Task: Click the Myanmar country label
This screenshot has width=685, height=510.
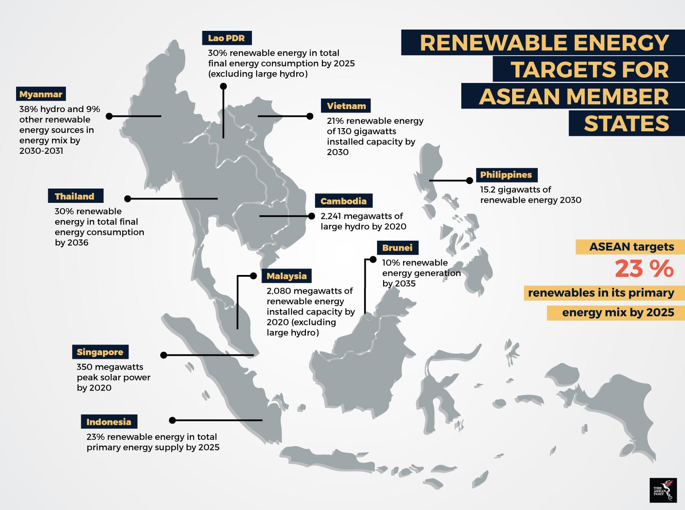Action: click(x=41, y=94)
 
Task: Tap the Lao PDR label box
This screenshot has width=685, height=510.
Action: click(x=227, y=38)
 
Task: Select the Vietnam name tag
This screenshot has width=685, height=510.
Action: click(x=346, y=106)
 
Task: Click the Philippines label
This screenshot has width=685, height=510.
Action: click(x=506, y=175)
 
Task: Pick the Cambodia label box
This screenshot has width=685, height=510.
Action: click(x=344, y=201)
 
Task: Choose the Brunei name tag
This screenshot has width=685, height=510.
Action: click(x=397, y=248)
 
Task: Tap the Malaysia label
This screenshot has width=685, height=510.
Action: click(x=286, y=276)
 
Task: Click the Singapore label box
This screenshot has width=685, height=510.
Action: click(x=100, y=352)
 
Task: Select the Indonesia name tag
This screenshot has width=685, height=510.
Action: click(x=109, y=422)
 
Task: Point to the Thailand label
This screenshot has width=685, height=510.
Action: click(x=75, y=196)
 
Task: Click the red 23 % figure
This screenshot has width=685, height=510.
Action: click(x=644, y=268)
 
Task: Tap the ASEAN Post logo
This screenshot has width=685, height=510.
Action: click(x=663, y=490)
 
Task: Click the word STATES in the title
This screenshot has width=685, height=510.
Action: click(x=626, y=123)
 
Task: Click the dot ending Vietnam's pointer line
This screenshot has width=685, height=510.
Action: click(x=310, y=116)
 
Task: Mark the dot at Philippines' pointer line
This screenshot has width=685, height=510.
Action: click(x=470, y=180)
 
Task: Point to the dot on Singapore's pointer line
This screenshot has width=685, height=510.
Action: click(x=164, y=355)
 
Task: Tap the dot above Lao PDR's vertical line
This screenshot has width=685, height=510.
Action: click(x=223, y=86)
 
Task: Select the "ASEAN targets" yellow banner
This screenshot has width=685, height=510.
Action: click(x=630, y=247)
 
